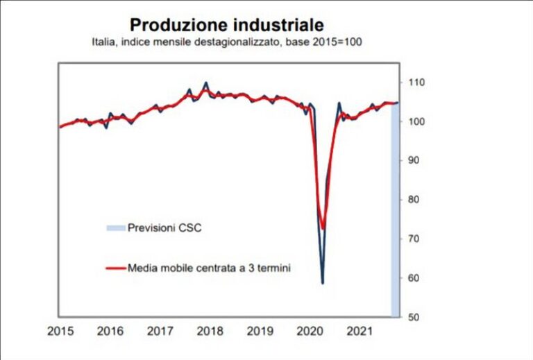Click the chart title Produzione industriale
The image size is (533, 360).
point(227,25)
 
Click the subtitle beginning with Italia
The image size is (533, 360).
point(227,43)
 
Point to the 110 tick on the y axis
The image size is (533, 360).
point(416,83)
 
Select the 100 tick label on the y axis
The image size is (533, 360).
point(416,122)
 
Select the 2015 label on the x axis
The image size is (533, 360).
point(60,332)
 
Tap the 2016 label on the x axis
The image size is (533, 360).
point(110,332)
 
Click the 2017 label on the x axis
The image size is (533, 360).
point(160,332)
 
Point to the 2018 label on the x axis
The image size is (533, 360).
point(210,332)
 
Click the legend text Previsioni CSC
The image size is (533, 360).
point(164,228)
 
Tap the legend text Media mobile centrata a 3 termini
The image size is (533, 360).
point(209,268)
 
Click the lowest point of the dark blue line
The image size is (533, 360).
point(323,283)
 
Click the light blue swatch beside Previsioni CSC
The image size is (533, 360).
point(115,228)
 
